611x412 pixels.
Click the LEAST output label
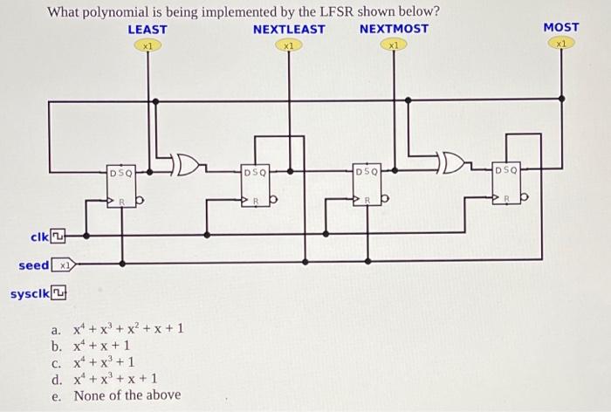pyautogui.click(x=148, y=29)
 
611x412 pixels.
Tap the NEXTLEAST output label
pyautogui.click(x=289, y=29)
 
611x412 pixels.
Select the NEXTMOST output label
pyautogui.click(x=394, y=29)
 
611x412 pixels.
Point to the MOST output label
pyautogui.click(x=561, y=27)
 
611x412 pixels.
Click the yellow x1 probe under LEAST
pyautogui.click(x=149, y=45)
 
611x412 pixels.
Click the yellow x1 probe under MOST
pyautogui.click(x=563, y=43)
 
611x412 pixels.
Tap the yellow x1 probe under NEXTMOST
pyautogui.click(x=395, y=45)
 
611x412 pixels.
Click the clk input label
pyautogui.click(x=38, y=236)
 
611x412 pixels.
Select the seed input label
pyautogui.click(x=35, y=264)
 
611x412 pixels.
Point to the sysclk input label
pyautogui.click(x=27, y=293)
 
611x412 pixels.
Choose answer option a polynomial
pyautogui.click(x=126, y=329)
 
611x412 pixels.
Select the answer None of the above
pyautogui.click(x=127, y=395)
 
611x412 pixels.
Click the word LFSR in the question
pyautogui.click(x=316, y=11)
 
